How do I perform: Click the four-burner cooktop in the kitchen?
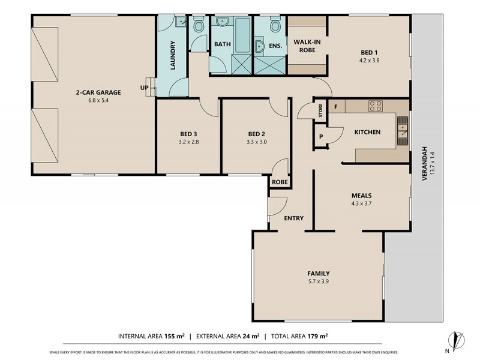point(376,106)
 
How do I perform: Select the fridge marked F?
point(336,107)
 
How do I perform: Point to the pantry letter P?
point(321,137)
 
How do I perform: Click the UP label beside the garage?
point(144,88)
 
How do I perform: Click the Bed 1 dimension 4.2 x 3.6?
point(370,60)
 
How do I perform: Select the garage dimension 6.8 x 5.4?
point(98,100)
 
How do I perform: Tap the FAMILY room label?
point(318,274)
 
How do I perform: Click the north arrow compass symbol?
point(458,341)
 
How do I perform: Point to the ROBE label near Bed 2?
point(279,181)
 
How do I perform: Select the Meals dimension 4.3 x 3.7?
point(362,204)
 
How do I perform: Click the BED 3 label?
point(188,133)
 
